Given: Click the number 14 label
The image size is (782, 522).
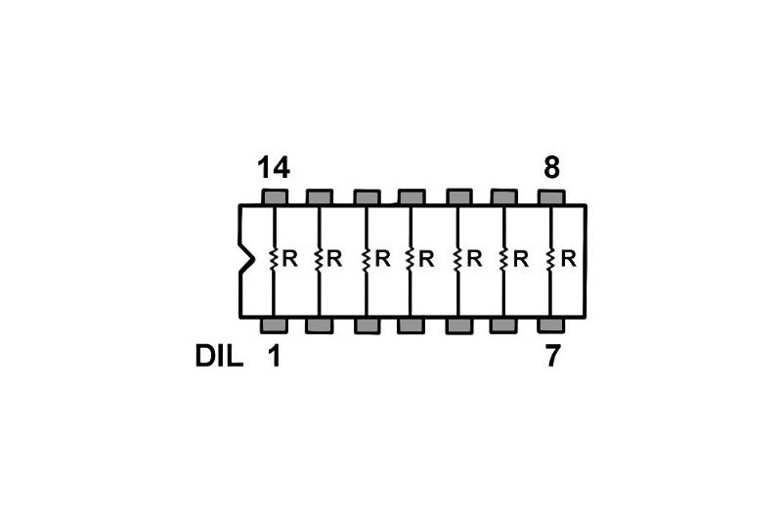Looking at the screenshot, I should [274, 168].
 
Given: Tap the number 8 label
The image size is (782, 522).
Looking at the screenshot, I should [551, 168].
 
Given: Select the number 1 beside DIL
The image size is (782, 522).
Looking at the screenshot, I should [274, 357].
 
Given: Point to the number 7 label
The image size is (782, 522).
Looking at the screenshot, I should [552, 357].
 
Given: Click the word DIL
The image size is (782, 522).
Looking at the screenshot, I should [219, 357].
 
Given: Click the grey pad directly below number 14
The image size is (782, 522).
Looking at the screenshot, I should [274, 196].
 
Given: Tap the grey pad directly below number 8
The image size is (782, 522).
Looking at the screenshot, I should [551, 196].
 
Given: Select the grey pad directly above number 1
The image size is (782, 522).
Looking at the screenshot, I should [274, 325].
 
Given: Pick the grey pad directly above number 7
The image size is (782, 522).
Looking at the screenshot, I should [551, 325].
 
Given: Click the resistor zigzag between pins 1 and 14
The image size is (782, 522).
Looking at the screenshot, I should [274, 260].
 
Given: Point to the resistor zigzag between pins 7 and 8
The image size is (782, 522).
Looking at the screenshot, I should [551, 260].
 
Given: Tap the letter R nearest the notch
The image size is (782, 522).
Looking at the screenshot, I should [289, 260].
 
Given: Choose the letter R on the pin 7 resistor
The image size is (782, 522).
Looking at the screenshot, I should [568, 260].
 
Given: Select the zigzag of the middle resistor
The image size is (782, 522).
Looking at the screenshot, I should [412, 260].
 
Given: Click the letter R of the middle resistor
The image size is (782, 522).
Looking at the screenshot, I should [427, 260].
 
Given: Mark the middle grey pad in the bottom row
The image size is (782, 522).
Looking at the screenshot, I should [412, 325].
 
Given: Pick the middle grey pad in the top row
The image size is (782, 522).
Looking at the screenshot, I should [412, 196].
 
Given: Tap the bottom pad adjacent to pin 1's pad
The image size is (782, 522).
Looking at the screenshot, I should [320, 325].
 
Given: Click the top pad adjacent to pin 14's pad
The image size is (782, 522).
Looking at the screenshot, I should [320, 196].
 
